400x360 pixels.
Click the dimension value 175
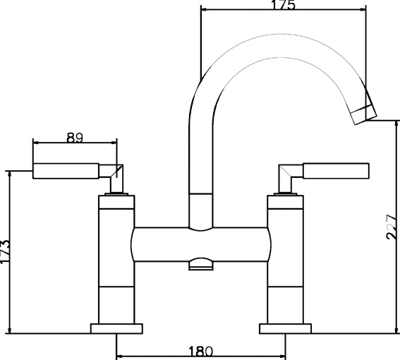point(283,5)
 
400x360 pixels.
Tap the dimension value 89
point(75,138)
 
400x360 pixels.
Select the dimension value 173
point(5,251)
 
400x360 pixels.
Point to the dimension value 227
point(391,227)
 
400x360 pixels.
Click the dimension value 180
point(200,352)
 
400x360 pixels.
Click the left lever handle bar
point(66,171)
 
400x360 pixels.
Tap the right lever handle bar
point(336,170)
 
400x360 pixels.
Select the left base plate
point(116,329)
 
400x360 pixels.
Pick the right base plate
point(286,329)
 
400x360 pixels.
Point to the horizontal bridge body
point(201,244)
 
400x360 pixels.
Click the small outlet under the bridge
point(201,264)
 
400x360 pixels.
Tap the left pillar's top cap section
point(116,202)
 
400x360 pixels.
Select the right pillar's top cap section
point(286,202)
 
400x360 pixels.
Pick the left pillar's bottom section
point(116,305)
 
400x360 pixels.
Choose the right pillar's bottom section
point(286,305)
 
